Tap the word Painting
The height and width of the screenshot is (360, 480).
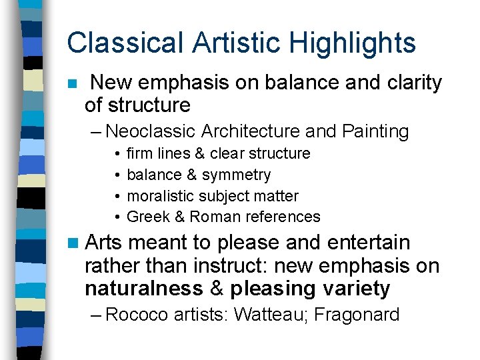[x=375, y=131]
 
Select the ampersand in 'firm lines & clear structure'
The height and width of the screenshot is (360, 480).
[x=200, y=153]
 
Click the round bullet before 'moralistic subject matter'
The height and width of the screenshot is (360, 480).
[x=116, y=197]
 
